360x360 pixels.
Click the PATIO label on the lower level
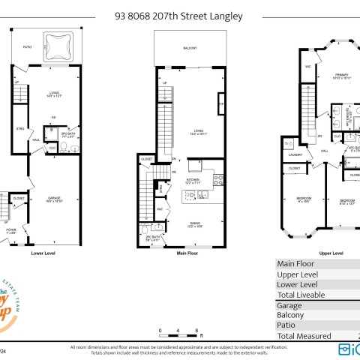(x=28, y=47)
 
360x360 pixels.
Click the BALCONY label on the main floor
(x=190, y=48)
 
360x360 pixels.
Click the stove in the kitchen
(x=218, y=179)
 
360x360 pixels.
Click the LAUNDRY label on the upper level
(x=295, y=156)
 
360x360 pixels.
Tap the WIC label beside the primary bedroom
(x=308, y=67)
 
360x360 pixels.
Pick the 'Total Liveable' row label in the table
(x=301, y=295)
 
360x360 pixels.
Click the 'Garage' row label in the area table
(x=289, y=305)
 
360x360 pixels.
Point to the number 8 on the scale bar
(x=196, y=330)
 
